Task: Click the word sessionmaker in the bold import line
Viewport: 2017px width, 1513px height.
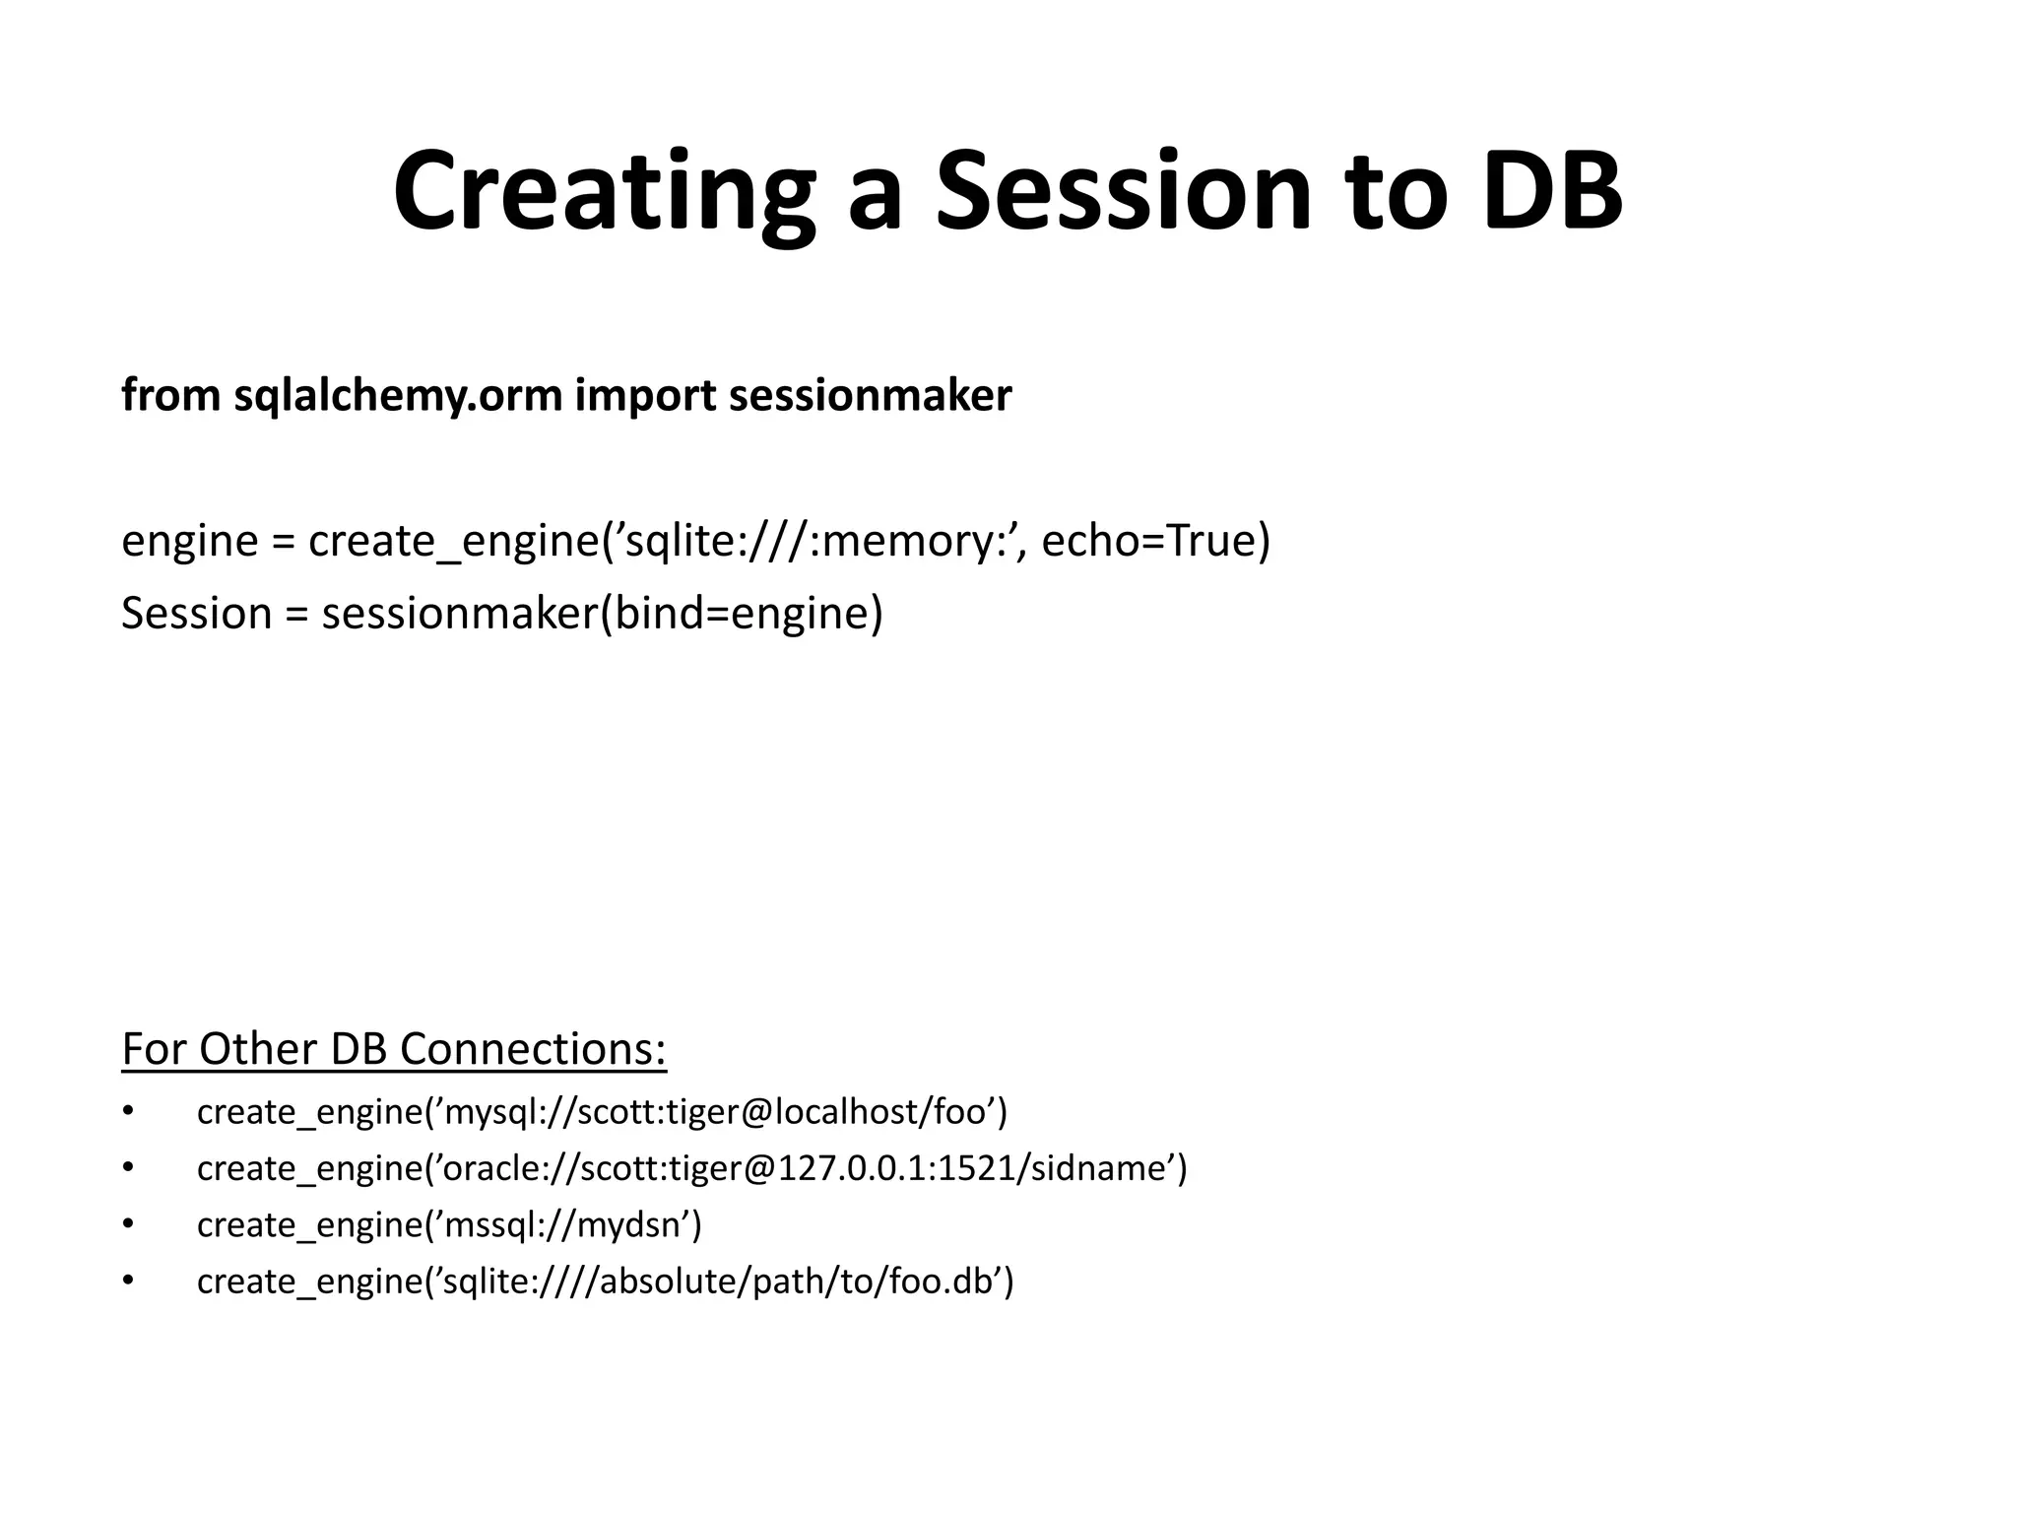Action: (870, 396)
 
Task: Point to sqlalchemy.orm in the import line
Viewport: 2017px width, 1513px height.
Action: (398, 396)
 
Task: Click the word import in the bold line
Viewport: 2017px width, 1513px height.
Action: (645, 396)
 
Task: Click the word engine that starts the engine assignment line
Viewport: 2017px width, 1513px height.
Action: (189, 541)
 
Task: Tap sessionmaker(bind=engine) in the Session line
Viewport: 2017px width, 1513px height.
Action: (602, 614)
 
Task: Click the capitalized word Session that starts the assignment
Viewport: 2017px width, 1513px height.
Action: (196, 614)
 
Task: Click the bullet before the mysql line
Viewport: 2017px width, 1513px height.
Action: (127, 1111)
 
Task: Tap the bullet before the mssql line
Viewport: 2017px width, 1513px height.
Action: (127, 1224)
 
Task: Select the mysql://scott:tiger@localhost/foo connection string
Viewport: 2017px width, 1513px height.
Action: (716, 1112)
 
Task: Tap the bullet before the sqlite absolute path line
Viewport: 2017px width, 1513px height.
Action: (127, 1281)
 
